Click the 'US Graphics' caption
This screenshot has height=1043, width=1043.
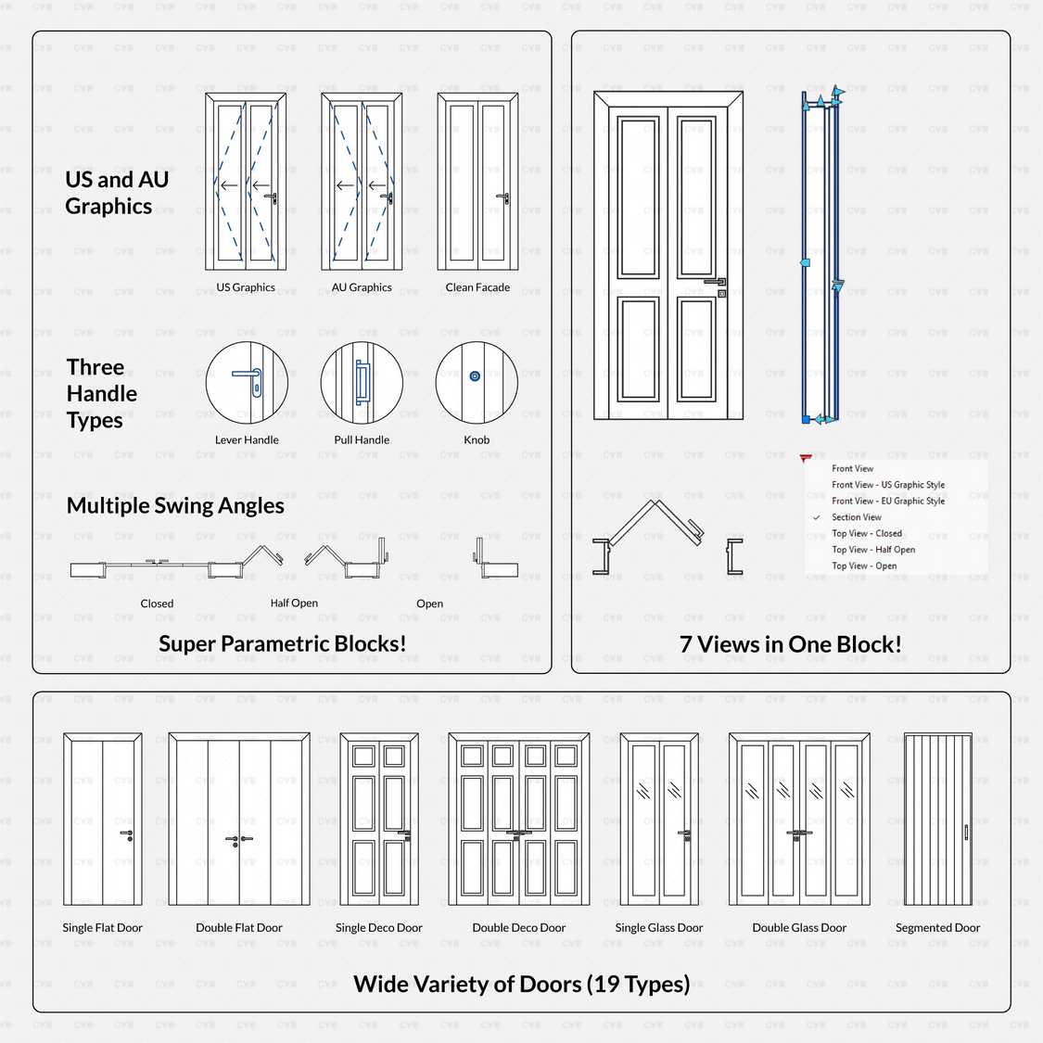click(x=246, y=287)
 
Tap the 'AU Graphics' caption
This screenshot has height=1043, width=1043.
click(x=362, y=287)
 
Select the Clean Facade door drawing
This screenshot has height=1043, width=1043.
click(x=477, y=182)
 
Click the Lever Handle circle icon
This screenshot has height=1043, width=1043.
click(x=247, y=382)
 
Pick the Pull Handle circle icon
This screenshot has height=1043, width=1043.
click(x=362, y=382)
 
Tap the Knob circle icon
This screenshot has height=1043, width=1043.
click(x=476, y=382)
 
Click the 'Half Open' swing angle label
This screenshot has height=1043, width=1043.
click(x=294, y=603)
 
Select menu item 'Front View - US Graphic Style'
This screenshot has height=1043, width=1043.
click(x=888, y=485)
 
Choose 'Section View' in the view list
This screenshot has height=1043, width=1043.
click(x=857, y=517)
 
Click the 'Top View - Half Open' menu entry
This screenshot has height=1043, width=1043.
click(x=873, y=550)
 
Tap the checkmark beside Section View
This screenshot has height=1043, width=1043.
click(x=817, y=517)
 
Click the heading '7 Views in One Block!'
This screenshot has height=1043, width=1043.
click(x=790, y=644)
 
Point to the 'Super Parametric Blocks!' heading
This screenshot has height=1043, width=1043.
click(x=282, y=643)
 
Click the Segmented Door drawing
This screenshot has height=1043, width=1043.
click(x=937, y=820)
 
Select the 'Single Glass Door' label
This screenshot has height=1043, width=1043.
click(x=659, y=927)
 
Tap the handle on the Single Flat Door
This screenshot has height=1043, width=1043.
click(x=127, y=834)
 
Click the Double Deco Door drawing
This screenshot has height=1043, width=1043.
click(x=519, y=820)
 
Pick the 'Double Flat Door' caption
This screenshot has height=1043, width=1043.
click(x=239, y=927)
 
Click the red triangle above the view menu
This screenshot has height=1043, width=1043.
click(x=805, y=458)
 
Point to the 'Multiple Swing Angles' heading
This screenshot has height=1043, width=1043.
click(x=175, y=505)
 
